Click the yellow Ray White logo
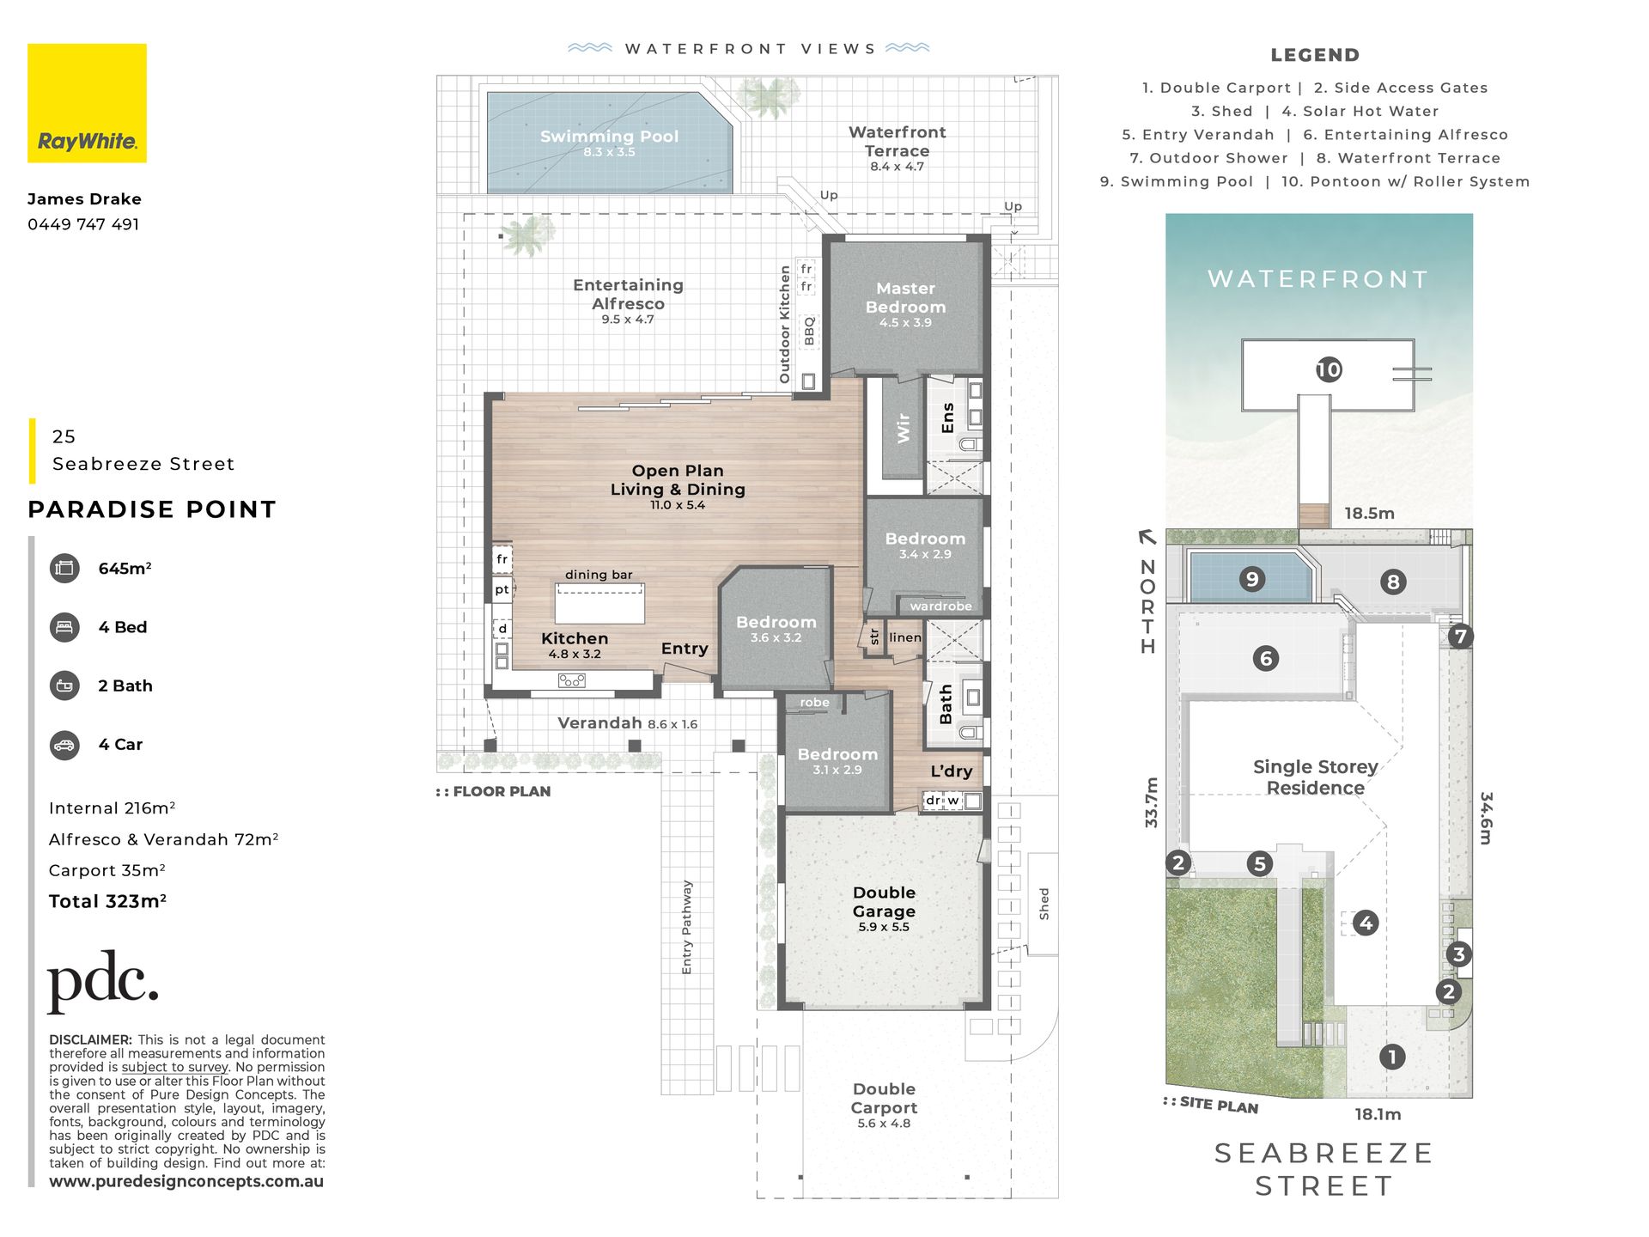click(x=87, y=103)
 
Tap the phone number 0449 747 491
click(x=83, y=224)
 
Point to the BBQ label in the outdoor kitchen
click(x=809, y=331)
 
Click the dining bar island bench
click(x=599, y=603)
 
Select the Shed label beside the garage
click(x=1044, y=904)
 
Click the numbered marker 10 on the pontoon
click(x=1329, y=369)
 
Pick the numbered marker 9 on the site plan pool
click(x=1252, y=579)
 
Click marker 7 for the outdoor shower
click(x=1461, y=637)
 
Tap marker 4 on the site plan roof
click(x=1366, y=923)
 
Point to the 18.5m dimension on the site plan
click(x=1369, y=514)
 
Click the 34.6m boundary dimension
click(x=1486, y=818)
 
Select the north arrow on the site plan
click(x=1147, y=538)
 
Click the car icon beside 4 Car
click(x=64, y=745)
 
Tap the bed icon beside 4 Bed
click(x=64, y=627)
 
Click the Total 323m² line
click(x=107, y=901)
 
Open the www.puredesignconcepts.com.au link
click(x=186, y=1181)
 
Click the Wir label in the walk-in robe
click(x=903, y=428)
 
